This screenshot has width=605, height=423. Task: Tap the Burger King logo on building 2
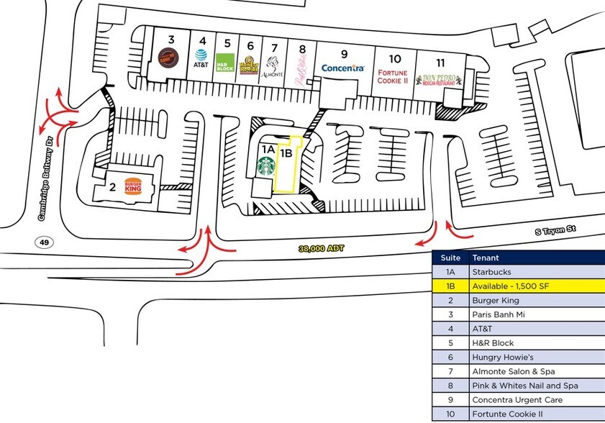click(x=133, y=186)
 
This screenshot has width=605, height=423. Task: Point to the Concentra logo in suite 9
click(x=344, y=68)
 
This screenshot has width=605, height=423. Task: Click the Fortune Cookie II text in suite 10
click(x=394, y=76)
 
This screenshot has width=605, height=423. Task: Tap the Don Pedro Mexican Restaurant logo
click(x=438, y=80)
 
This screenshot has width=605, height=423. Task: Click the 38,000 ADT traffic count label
click(x=322, y=248)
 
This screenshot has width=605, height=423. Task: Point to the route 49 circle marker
click(x=44, y=242)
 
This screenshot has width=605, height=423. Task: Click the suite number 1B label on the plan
click(x=286, y=152)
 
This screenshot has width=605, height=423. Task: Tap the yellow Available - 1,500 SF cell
click(x=535, y=286)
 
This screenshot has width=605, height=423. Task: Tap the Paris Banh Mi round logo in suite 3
click(x=170, y=58)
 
